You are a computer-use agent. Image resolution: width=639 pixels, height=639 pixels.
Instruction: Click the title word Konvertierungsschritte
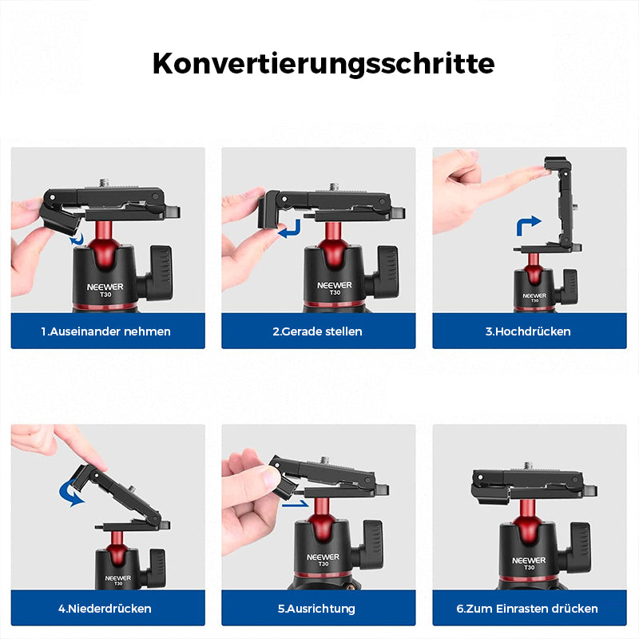click(x=323, y=65)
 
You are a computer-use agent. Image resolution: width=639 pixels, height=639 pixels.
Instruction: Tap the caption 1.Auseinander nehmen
click(x=106, y=331)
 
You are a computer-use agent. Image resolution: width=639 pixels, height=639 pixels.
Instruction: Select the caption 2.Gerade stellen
click(x=317, y=331)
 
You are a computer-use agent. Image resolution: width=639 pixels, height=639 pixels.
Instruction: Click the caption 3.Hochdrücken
click(x=528, y=331)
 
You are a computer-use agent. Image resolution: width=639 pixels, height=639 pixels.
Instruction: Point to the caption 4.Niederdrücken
click(x=105, y=609)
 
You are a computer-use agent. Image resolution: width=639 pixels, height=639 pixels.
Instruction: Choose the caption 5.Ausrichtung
click(x=316, y=609)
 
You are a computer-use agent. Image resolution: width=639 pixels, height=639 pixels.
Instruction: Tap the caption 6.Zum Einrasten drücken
click(x=527, y=609)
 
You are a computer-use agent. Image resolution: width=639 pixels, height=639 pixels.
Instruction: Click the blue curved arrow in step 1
click(x=77, y=240)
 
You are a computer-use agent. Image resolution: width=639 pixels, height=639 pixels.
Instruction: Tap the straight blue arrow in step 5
click(x=295, y=504)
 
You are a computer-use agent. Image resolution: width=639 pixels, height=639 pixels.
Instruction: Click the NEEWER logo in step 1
click(x=105, y=287)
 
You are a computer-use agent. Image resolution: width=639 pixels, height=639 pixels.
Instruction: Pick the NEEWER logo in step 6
click(x=529, y=561)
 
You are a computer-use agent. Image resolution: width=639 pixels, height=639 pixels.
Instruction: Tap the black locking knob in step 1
click(x=161, y=272)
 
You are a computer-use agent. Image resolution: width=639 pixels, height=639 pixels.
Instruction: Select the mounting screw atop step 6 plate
click(x=528, y=466)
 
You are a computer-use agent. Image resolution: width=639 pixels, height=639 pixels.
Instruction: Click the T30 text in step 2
click(x=335, y=292)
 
